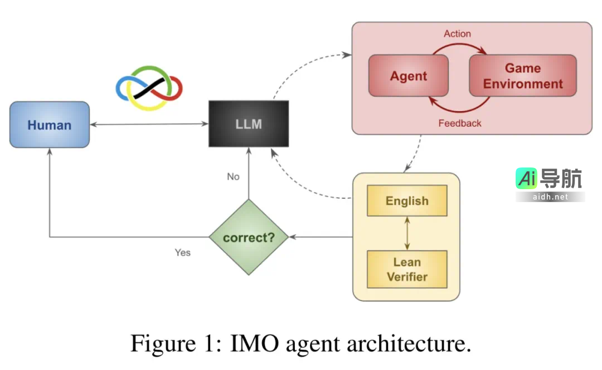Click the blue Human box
(50, 125)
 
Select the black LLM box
(249, 124)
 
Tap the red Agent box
(409, 76)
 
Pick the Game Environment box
(522, 76)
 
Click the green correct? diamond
(249, 238)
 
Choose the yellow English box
(407, 201)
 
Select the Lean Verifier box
(407, 269)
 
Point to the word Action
(457, 34)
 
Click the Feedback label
(459, 123)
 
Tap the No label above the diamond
(233, 176)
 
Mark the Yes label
(182, 253)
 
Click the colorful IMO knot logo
(149, 86)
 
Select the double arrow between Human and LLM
(149, 124)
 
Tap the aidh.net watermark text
(550, 197)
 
